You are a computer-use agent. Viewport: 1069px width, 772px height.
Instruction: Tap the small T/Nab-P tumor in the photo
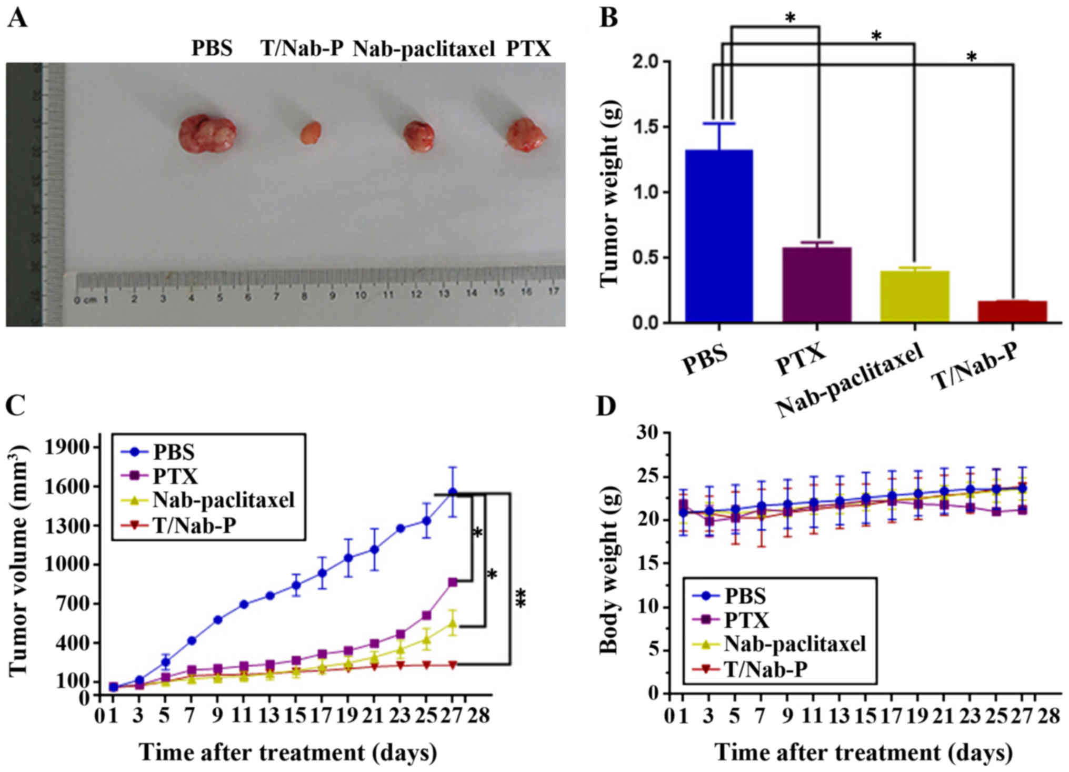pyautogui.click(x=311, y=133)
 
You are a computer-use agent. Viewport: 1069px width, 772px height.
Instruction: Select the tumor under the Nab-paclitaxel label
pyautogui.click(x=419, y=136)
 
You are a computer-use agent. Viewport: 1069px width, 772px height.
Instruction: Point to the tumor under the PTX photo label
pyautogui.click(x=526, y=135)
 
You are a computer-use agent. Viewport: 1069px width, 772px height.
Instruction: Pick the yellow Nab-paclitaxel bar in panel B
pyautogui.click(x=915, y=296)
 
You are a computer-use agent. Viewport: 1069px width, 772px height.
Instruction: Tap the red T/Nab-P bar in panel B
pyautogui.click(x=1012, y=311)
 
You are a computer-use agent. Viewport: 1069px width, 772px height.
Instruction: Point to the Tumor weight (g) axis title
pyautogui.click(x=610, y=192)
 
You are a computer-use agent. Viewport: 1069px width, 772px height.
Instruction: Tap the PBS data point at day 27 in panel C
pyautogui.click(x=452, y=492)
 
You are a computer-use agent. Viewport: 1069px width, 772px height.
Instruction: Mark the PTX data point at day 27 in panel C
pyautogui.click(x=452, y=582)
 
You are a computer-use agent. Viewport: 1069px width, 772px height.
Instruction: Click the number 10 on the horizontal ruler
pyautogui.click(x=361, y=295)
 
